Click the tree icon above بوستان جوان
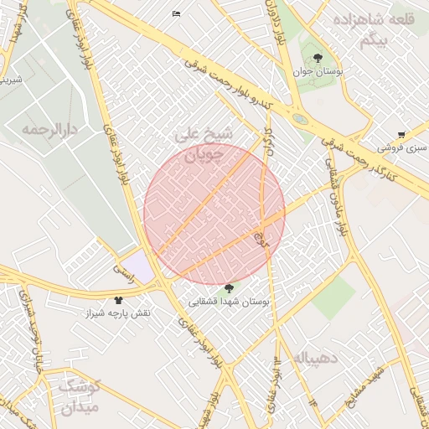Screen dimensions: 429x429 click(318, 58)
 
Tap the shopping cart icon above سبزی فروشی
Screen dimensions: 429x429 click(402, 134)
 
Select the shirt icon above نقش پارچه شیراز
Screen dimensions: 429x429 click(117, 299)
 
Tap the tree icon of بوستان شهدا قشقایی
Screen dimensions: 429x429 click(230, 288)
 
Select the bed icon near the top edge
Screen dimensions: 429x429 click(176, 13)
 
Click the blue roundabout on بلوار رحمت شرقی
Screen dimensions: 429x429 click(300, 119)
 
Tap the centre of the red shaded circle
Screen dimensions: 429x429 click(214, 214)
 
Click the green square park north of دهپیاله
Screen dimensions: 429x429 click(335, 297)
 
